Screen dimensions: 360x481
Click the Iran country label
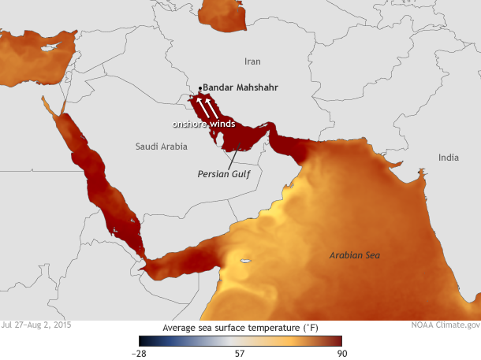click(252, 61)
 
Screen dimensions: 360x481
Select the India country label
click(448, 158)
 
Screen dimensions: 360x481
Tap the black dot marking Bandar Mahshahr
click(201, 87)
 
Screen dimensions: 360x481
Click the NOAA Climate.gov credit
click(445, 325)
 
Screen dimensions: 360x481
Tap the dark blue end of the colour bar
click(144, 341)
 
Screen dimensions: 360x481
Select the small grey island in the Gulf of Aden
click(245, 262)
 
